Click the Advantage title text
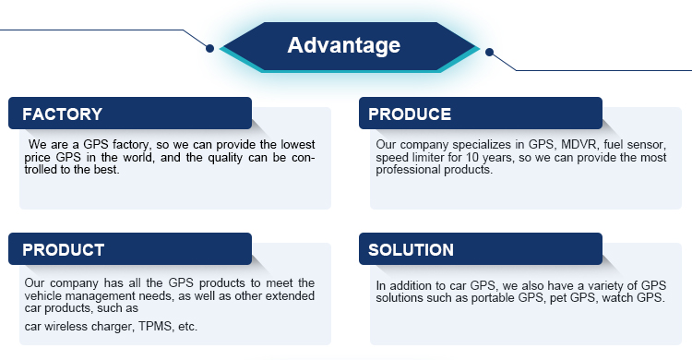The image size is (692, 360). pos(343,45)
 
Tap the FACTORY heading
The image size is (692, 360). pos(62,114)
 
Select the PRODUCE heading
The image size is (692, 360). pos(410,114)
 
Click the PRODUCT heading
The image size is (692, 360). pos(63,250)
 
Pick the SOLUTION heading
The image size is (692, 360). pos(411,250)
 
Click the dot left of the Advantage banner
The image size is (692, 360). pos(210,48)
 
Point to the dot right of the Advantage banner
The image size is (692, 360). pos(489,52)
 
